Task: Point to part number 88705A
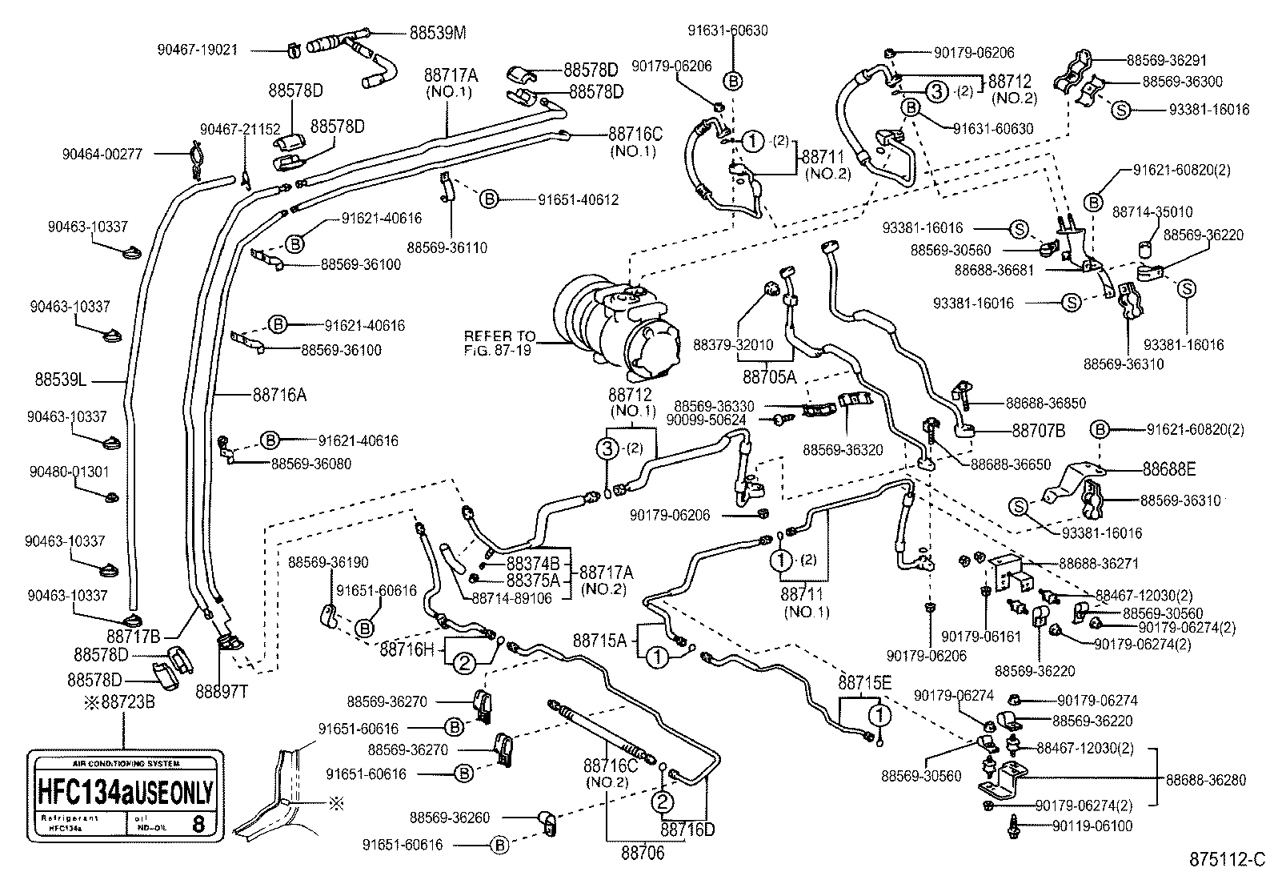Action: (x=769, y=376)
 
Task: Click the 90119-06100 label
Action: (x=1092, y=826)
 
